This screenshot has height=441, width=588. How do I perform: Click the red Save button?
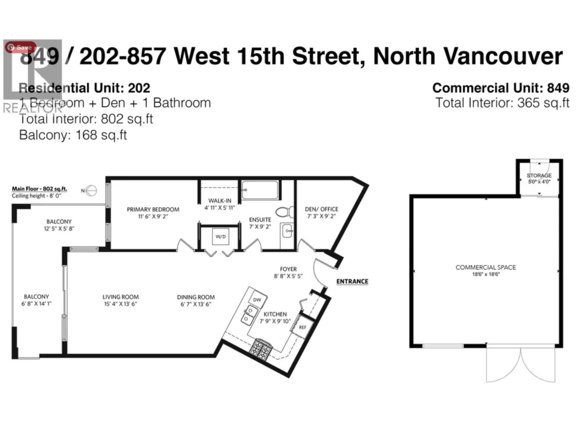click(20, 47)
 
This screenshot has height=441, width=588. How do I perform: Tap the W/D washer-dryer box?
click(221, 237)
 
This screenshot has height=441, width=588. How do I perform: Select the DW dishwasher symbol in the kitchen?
click(257, 300)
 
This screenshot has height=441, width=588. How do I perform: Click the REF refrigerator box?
click(302, 327)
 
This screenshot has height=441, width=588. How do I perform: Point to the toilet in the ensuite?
click(285, 212)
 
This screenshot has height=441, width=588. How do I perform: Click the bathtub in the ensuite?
click(260, 190)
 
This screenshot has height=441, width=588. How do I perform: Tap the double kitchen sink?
click(249, 315)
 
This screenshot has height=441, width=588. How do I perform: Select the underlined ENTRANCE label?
click(352, 282)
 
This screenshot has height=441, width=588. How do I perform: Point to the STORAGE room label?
click(539, 176)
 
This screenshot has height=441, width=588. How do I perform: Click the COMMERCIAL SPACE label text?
click(485, 268)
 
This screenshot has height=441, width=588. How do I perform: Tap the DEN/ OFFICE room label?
click(322, 209)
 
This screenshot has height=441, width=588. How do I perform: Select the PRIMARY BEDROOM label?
click(153, 209)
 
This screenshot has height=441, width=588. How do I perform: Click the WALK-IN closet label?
click(220, 201)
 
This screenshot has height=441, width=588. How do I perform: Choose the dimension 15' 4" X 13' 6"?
click(120, 304)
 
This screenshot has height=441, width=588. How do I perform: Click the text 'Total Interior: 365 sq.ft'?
click(502, 103)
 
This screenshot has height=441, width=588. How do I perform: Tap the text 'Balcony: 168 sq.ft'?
click(73, 135)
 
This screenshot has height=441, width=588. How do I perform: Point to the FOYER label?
click(288, 269)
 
